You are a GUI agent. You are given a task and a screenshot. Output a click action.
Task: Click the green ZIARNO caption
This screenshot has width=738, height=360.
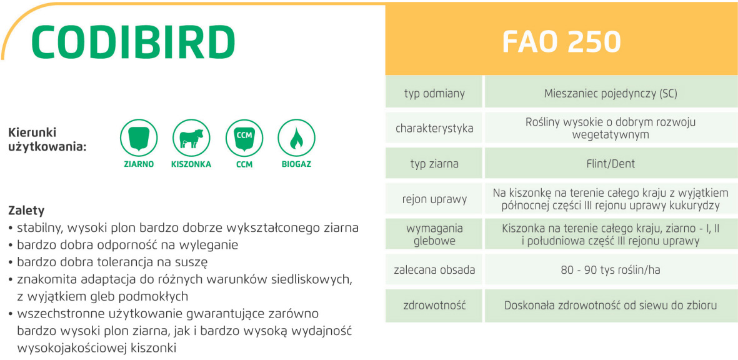[x=139, y=165]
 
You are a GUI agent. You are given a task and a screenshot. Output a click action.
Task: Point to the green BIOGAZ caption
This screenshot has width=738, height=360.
[x=297, y=165]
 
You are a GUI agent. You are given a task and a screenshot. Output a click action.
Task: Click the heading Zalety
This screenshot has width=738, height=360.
[x=26, y=209]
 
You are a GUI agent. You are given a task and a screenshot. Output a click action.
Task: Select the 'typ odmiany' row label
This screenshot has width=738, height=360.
[x=434, y=93]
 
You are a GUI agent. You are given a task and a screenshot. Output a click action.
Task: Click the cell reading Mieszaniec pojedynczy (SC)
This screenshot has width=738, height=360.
[x=611, y=93]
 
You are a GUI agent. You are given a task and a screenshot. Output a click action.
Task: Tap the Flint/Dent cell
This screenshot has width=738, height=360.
[x=611, y=164]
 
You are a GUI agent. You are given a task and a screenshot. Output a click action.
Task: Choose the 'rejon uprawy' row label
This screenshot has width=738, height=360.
[x=434, y=199]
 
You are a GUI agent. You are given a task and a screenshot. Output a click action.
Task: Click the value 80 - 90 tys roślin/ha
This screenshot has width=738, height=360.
[x=611, y=270]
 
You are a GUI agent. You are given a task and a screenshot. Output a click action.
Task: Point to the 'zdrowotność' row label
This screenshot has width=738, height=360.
[x=434, y=306]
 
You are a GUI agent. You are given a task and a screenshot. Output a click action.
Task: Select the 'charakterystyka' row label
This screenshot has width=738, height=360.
[x=434, y=129]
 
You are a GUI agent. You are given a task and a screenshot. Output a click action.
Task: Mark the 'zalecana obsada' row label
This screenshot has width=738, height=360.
[x=434, y=270]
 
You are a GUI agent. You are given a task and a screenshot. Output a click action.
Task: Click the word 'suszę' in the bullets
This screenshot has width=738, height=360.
[x=193, y=262]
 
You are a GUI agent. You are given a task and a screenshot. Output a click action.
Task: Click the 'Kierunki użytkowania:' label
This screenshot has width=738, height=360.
[x=47, y=140]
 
